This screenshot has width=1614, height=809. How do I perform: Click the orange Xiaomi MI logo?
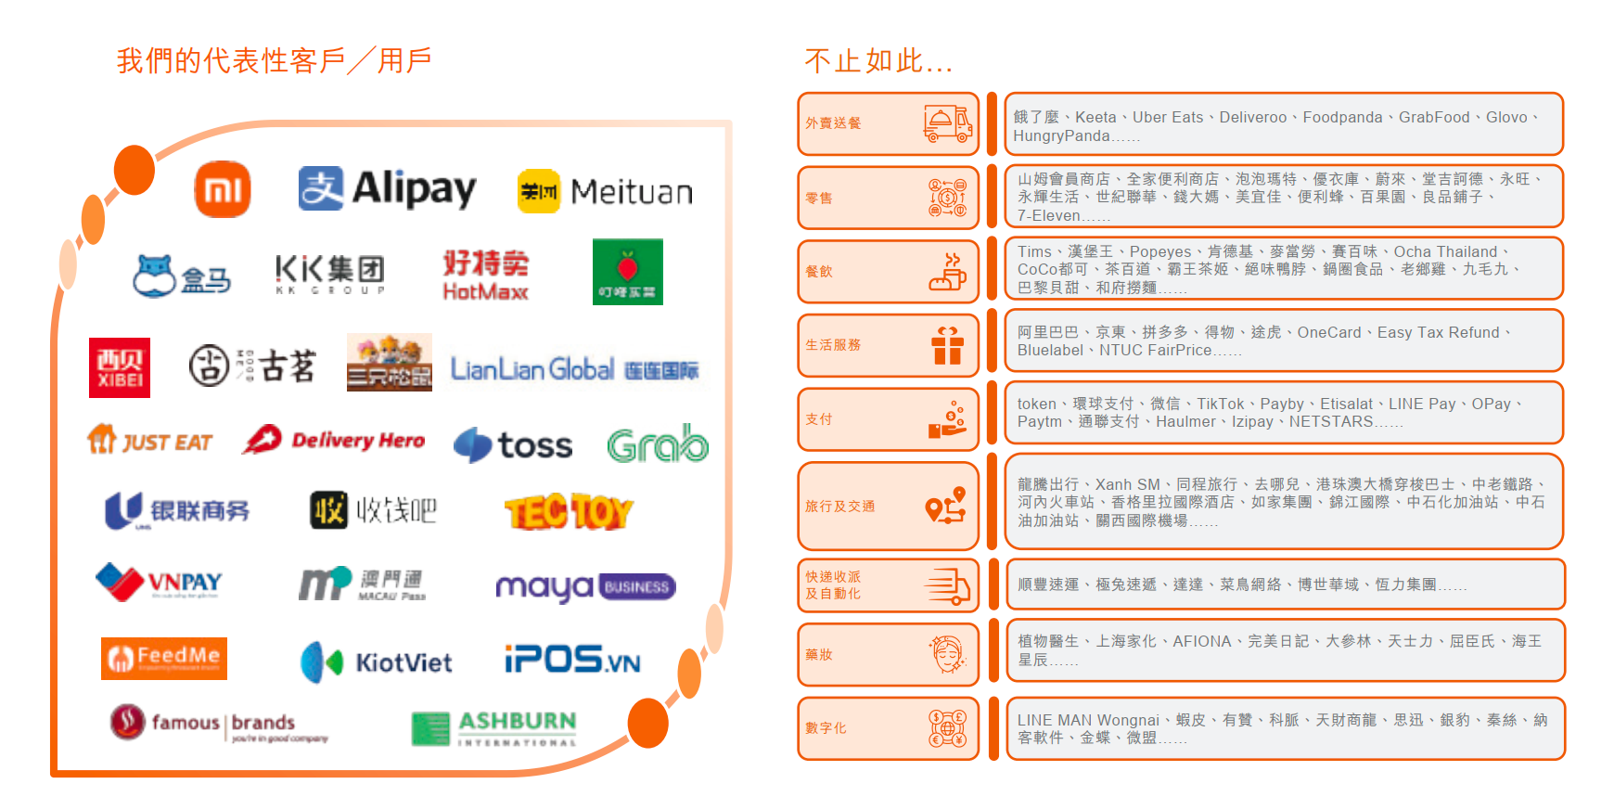pos(223,189)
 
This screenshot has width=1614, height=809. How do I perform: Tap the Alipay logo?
pos(387,189)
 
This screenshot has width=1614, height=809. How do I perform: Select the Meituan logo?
pos(605,192)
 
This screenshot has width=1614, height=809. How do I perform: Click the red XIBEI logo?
pos(120,368)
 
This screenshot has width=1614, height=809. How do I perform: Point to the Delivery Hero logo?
pos(334,441)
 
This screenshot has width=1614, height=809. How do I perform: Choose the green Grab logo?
pos(658,444)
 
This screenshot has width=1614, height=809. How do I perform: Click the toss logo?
pos(513,445)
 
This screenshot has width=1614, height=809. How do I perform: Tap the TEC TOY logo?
pos(569,511)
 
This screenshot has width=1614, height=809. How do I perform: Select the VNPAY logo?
pos(160,582)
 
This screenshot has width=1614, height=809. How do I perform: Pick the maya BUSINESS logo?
pos(585,587)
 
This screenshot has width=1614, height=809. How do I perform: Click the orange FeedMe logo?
pos(164,658)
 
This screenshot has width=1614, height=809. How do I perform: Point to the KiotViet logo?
pos(377,662)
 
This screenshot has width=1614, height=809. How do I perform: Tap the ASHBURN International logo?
pos(494,728)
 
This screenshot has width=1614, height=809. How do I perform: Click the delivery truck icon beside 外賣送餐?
pos(947,123)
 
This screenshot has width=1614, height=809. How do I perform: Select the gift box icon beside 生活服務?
pos(947,345)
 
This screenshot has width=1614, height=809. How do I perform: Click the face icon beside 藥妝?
pos(947,654)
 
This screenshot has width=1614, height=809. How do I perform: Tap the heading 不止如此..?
pos(877,61)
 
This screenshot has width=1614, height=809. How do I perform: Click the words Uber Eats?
pos(1167,118)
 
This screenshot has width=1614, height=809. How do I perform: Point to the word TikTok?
pos(1220,404)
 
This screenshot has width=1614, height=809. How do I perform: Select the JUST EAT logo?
pos(150,442)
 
